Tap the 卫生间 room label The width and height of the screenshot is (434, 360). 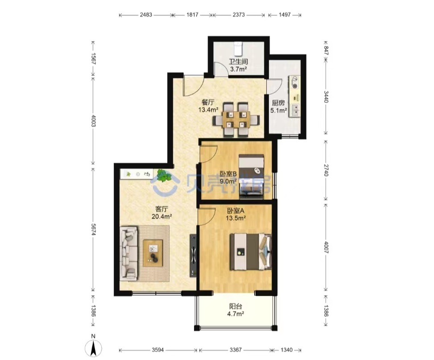coord(238,62)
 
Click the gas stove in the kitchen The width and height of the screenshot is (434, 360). coord(294,83)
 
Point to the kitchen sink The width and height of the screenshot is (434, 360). coord(295,110)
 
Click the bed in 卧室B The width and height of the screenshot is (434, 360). coord(251,177)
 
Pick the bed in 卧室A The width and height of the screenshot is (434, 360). coord(251,252)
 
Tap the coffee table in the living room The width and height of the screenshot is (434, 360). coord(153,253)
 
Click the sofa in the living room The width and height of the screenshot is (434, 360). coord(129,253)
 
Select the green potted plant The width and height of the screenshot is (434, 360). coord(163,175)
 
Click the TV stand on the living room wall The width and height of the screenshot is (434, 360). coord(193,255)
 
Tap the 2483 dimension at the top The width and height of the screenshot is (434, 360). coord(146,15)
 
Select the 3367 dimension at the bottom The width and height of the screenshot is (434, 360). coord(236,350)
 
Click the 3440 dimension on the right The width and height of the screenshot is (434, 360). coord(326,97)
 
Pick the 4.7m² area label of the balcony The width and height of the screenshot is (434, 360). coord(236,314)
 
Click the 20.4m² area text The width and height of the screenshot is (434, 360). coord(161,217)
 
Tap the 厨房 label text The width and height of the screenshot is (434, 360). coord(278,103)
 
